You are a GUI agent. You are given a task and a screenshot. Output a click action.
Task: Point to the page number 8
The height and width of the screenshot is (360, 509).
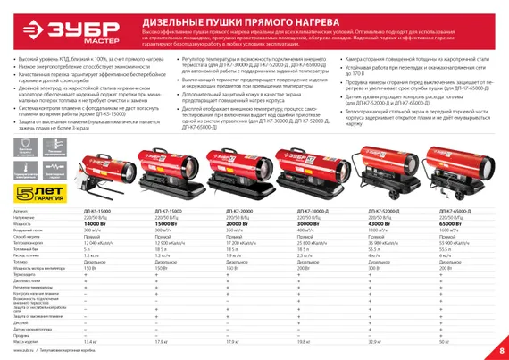[x=501, y=348]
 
